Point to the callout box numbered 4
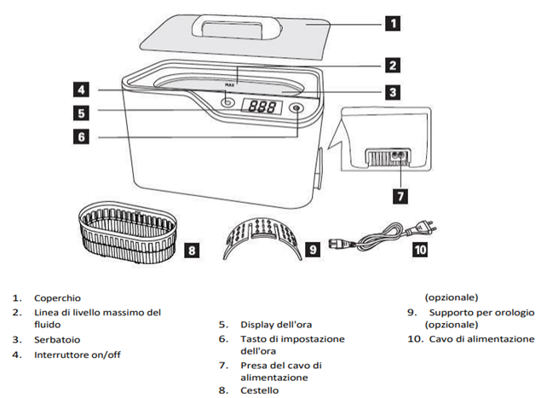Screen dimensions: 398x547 pos(78,89)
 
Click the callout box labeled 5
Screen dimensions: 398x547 pos(78,112)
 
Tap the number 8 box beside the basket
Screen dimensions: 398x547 pos(193,250)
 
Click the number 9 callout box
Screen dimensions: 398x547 pos(312,250)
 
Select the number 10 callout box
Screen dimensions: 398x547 pos(420,250)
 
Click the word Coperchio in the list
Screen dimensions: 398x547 pos(57,298)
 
